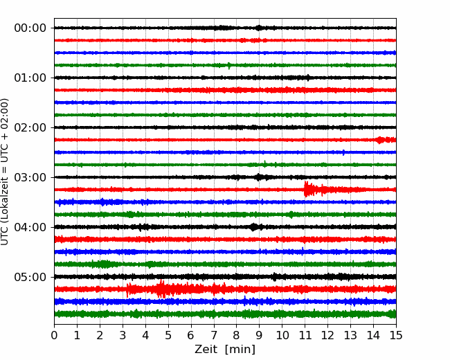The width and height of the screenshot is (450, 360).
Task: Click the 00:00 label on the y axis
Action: (x=30, y=28)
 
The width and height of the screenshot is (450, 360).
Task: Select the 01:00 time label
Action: (x=30, y=78)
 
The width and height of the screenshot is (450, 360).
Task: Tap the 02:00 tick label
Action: (x=30, y=127)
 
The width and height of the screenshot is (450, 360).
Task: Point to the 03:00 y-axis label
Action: (x=30, y=177)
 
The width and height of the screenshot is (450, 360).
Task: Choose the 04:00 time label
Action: (x=30, y=227)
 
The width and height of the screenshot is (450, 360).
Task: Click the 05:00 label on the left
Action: (x=30, y=277)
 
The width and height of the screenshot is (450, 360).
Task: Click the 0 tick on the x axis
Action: (x=54, y=335)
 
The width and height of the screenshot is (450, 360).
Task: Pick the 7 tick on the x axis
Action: (x=213, y=335)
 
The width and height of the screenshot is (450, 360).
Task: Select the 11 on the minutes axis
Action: (x=305, y=335)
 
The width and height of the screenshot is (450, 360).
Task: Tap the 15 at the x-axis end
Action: (x=396, y=335)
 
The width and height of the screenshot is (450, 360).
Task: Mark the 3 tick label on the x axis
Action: (x=123, y=335)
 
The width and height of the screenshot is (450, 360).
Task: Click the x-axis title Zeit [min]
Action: (x=225, y=350)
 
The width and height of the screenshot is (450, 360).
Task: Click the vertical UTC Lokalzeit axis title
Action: (x=5, y=172)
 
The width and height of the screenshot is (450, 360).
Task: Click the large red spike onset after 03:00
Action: (x=306, y=189)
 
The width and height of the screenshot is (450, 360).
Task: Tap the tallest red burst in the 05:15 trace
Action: (x=161, y=289)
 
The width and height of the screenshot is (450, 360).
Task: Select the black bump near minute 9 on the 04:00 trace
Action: (x=253, y=227)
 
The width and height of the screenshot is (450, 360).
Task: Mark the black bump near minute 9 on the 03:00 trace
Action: (x=259, y=177)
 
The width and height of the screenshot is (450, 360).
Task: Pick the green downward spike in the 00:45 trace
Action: (x=228, y=66)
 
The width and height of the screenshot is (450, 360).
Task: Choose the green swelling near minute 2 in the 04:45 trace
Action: (x=101, y=264)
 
